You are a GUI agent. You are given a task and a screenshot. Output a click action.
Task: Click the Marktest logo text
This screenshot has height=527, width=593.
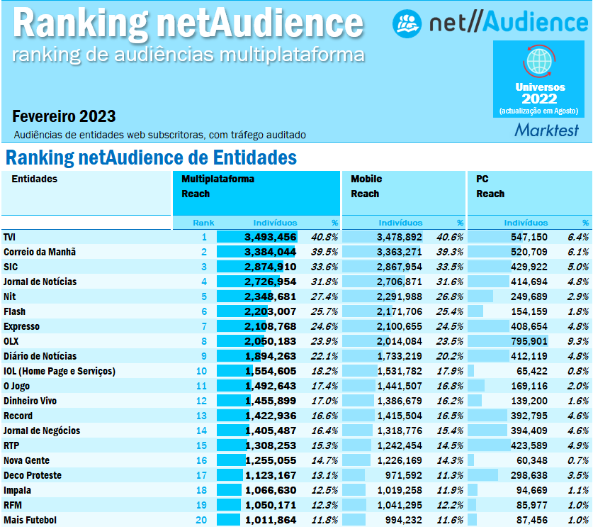[546, 130]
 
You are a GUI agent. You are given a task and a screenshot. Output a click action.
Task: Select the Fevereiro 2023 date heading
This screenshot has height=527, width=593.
[64, 116]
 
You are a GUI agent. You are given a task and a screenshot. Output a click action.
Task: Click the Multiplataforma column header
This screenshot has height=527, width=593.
[218, 179]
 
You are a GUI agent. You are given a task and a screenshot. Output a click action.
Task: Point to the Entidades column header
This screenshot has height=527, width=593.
[35, 179]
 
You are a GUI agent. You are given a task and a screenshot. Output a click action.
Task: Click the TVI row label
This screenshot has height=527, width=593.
[11, 237]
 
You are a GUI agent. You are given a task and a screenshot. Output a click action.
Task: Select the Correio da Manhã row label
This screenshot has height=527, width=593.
[40, 252]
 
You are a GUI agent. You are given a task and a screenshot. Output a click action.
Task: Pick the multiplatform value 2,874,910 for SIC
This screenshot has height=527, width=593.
[270, 267]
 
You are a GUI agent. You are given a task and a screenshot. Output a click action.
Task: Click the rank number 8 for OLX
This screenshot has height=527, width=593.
[203, 341]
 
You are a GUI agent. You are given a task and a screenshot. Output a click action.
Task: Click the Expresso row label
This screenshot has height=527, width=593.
[22, 326]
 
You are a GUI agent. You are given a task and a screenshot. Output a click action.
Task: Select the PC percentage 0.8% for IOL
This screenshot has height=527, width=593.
[578, 371]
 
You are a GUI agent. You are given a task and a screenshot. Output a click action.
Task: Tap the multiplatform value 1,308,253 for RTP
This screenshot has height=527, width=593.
[270, 445]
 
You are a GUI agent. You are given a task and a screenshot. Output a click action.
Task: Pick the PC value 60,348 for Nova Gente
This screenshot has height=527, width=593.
[531, 460]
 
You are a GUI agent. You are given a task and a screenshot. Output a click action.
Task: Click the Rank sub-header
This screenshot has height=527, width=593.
[203, 223]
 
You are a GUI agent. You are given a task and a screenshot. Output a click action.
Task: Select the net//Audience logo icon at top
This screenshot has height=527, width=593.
[407, 23]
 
